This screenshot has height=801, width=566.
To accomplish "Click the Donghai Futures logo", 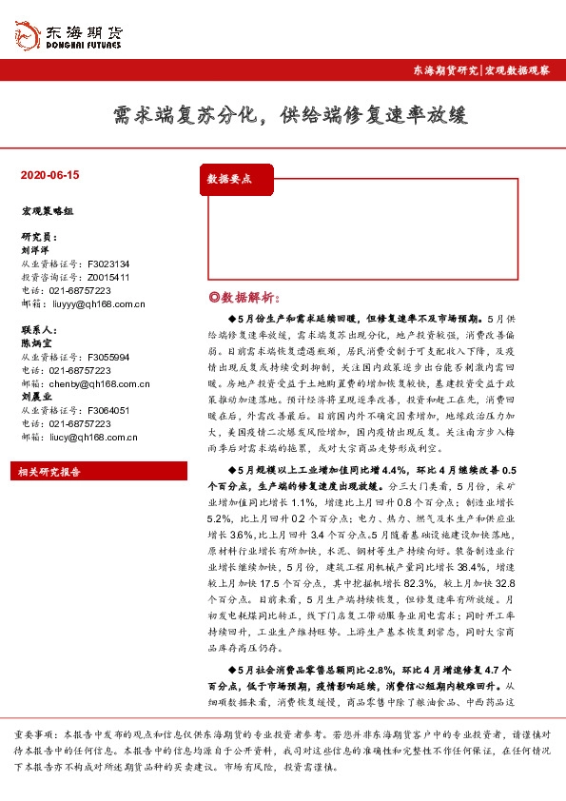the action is coord(68,35).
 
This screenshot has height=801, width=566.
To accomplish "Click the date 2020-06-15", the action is coord(49,175).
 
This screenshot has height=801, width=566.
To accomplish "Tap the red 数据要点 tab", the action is coord(229,178).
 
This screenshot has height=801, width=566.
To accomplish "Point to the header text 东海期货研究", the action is coord(444,71).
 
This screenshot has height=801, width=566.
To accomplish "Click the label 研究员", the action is coord(37,236).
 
